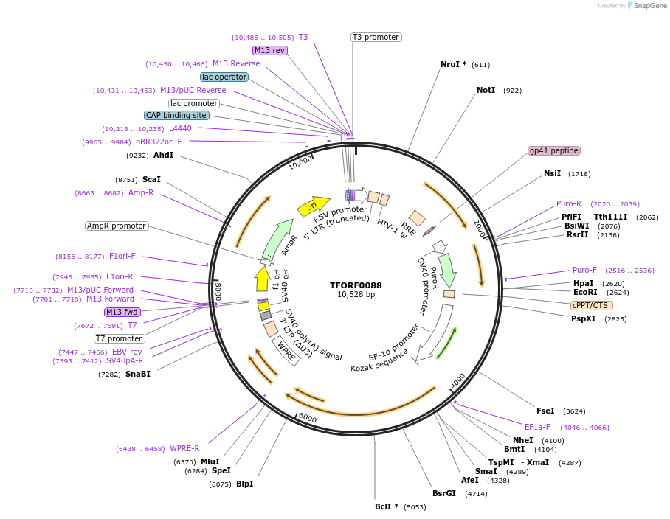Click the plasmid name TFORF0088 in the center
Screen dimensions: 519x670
coord(356,285)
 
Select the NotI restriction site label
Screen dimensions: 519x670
coord(486,91)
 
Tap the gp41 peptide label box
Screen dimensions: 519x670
coord(553,150)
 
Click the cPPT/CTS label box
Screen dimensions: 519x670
coord(591,305)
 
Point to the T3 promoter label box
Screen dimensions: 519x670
coord(376,37)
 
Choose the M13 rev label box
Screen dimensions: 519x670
coord(269,50)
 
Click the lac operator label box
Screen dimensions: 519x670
coord(224,77)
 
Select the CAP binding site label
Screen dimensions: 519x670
coord(176,115)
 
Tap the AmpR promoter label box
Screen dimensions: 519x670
coord(117,226)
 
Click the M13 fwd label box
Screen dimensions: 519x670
coord(122,312)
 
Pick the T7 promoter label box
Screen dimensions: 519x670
coord(119,338)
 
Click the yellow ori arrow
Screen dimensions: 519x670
coord(312,206)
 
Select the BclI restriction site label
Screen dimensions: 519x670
coord(387,506)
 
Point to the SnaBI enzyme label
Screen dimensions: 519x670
coord(138,375)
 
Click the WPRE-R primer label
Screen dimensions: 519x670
coord(184,448)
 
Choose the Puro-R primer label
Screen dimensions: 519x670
coord(569,204)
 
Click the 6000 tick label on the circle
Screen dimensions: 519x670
coord(307,418)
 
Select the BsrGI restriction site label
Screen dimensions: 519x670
coord(444,493)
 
